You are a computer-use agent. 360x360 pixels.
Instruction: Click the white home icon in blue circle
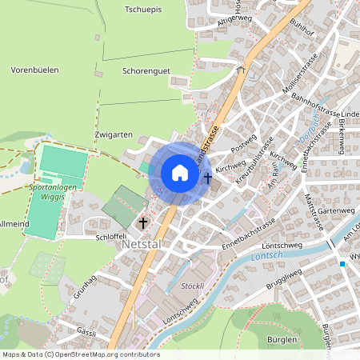[x=180, y=173]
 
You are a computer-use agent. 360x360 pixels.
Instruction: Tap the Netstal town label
[x=145, y=248]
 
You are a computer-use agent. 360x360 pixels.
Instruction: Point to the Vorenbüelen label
[x=34, y=70]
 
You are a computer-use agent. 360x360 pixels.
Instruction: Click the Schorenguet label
[x=146, y=71]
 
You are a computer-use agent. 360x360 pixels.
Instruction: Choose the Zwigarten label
[x=112, y=134]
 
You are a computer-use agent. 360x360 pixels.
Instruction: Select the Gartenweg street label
[x=334, y=210]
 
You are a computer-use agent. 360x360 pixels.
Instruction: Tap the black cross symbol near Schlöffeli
[x=144, y=222]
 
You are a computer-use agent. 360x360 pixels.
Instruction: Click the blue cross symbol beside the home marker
[x=208, y=178]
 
